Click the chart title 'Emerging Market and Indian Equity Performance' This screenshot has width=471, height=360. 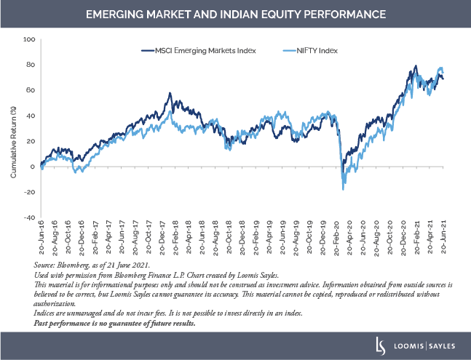point(235,15)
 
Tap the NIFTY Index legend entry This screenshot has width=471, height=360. point(301,50)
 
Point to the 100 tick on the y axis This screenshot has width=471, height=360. point(30,39)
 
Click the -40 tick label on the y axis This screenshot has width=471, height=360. point(29,217)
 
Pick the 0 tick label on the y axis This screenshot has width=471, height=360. point(33,167)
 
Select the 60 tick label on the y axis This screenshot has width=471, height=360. point(31,90)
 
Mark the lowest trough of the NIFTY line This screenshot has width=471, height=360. point(343,189)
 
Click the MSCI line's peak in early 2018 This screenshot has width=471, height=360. point(170,93)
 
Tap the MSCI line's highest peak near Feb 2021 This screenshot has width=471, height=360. point(416,66)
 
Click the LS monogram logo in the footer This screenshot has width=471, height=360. point(380,345)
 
